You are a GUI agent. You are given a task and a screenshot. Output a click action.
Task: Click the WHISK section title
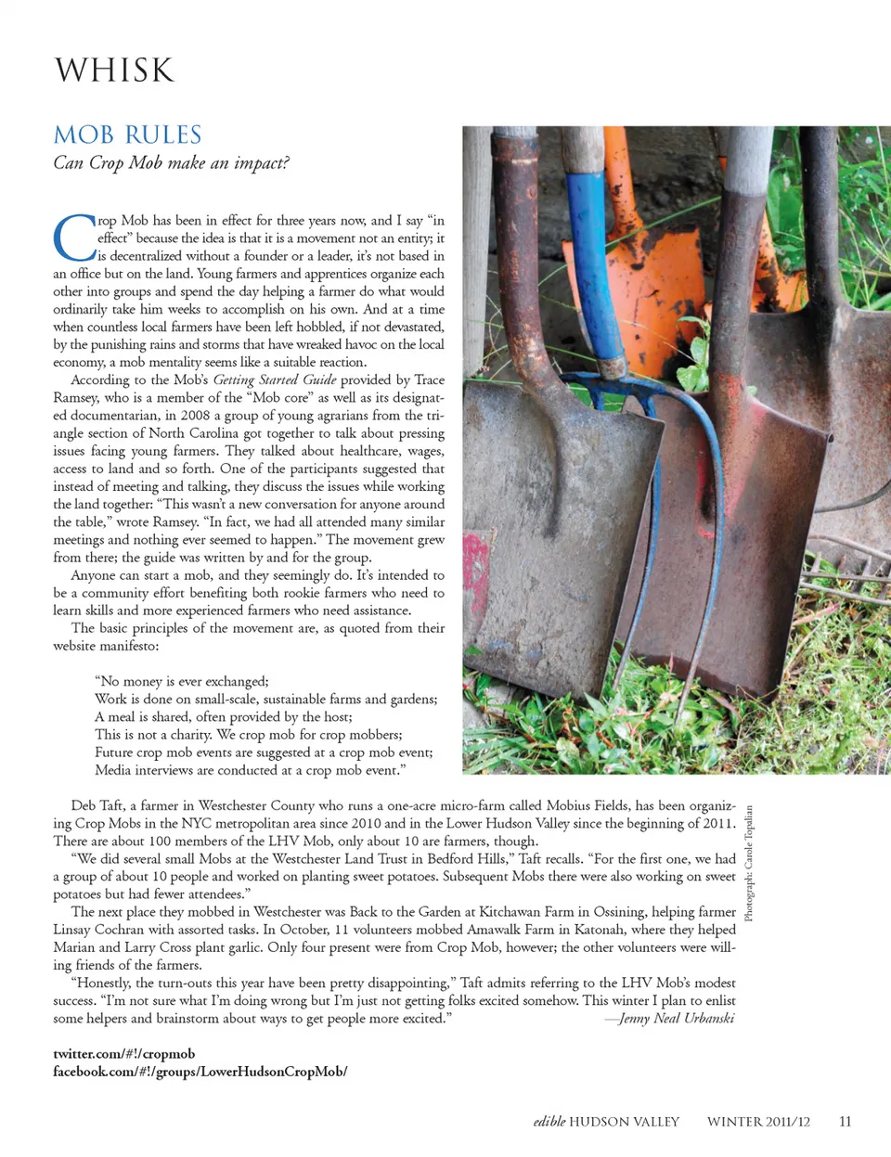pos(114,71)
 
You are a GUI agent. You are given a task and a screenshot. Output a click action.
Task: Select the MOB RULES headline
pos(127,135)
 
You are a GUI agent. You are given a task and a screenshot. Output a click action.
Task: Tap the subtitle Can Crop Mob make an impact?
pos(172,163)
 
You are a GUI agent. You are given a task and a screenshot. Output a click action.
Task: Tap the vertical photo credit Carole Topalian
pos(748,864)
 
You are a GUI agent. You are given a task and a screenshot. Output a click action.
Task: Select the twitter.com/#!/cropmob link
pos(123,1053)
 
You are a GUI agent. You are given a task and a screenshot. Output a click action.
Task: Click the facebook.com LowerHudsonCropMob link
pos(200,1071)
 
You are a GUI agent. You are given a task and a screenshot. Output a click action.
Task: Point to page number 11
pos(845,1121)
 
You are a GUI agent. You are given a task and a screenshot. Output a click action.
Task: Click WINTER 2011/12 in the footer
pos(758,1121)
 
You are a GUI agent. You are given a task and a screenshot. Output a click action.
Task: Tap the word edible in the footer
pos(549,1121)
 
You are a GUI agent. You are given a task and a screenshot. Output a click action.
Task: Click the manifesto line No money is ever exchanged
pos(182,681)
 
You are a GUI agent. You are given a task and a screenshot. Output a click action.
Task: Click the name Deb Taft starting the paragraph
pos(97,805)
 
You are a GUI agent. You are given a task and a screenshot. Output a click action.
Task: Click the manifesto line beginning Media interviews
pos(250,770)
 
